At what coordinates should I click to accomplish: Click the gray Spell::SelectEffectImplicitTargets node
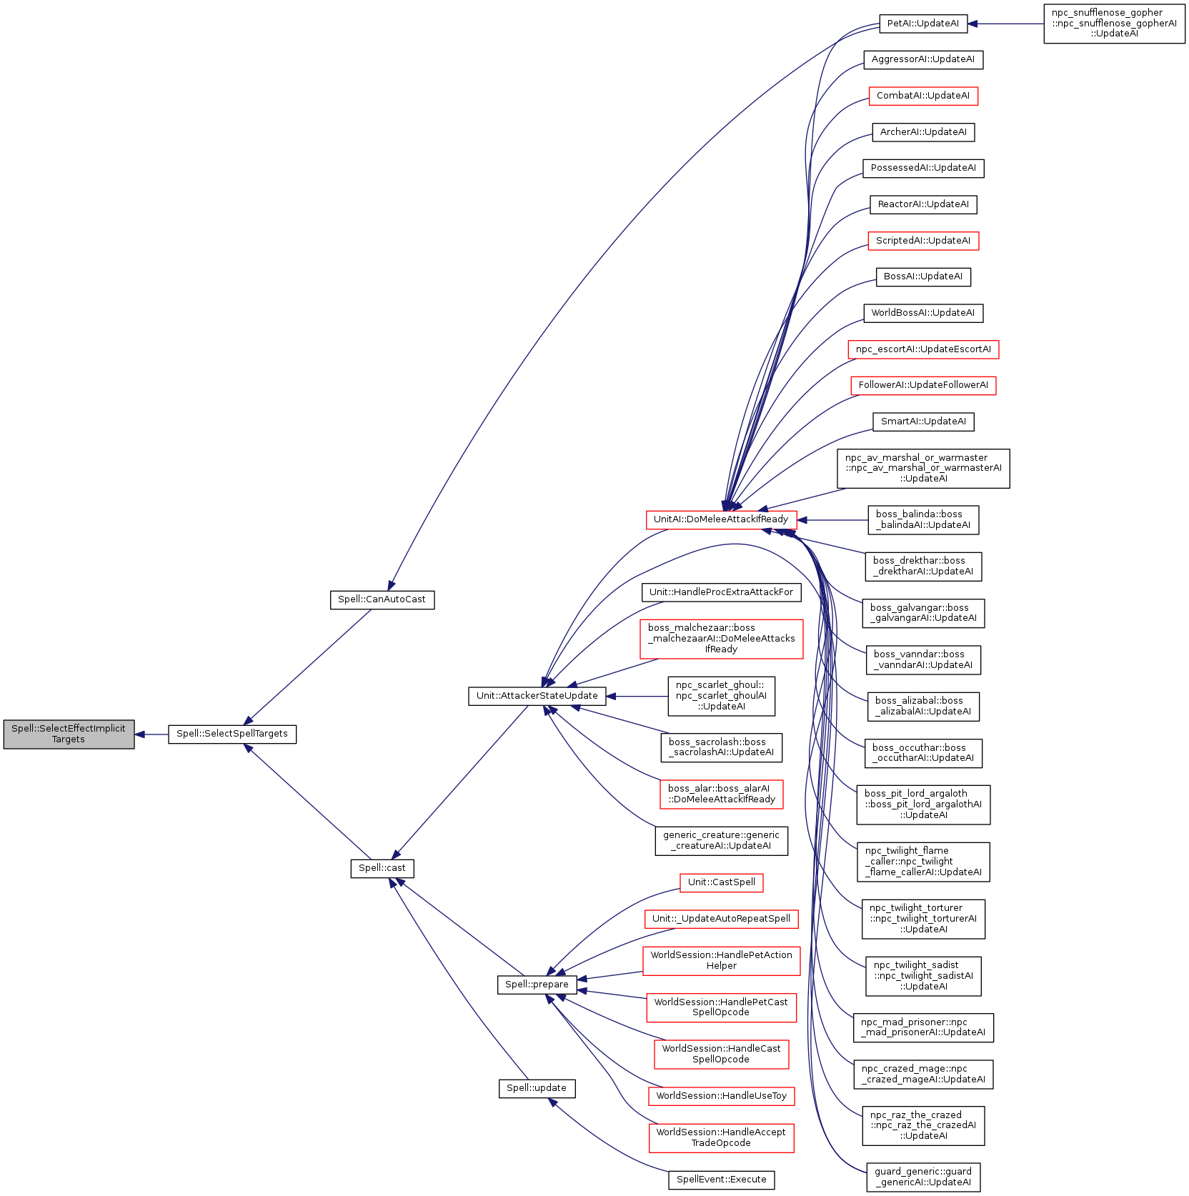(x=69, y=734)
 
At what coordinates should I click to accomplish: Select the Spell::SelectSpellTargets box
(x=232, y=734)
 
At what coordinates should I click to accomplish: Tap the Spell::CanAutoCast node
(x=382, y=599)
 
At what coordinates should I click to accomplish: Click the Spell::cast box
(x=382, y=868)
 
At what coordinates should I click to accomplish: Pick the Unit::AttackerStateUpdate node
(x=537, y=696)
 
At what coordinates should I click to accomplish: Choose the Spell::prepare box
(x=537, y=985)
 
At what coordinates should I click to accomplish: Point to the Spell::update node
(x=537, y=1088)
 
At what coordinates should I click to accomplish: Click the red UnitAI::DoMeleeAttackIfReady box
(x=720, y=519)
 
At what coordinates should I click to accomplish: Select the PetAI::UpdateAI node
(x=922, y=24)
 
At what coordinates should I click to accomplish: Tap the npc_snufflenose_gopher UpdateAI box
(x=1114, y=24)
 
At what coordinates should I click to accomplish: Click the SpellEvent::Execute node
(x=721, y=1180)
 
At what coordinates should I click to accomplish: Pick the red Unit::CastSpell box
(x=721, y=882)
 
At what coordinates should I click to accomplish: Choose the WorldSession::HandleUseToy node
(x=721, y=1096)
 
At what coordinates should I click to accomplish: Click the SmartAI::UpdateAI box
(x=922, y=422)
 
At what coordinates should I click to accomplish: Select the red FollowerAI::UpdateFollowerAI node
(x=922, y=385)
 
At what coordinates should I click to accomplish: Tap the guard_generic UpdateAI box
(x=922, y=1177)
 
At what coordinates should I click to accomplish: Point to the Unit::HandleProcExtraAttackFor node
(x=721, y=592)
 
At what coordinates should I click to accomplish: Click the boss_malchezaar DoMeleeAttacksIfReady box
(x=721, y=639)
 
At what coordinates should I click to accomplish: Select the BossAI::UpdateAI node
(x=922, y=276)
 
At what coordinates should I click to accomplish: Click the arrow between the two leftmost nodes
(x=151, y=734)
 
